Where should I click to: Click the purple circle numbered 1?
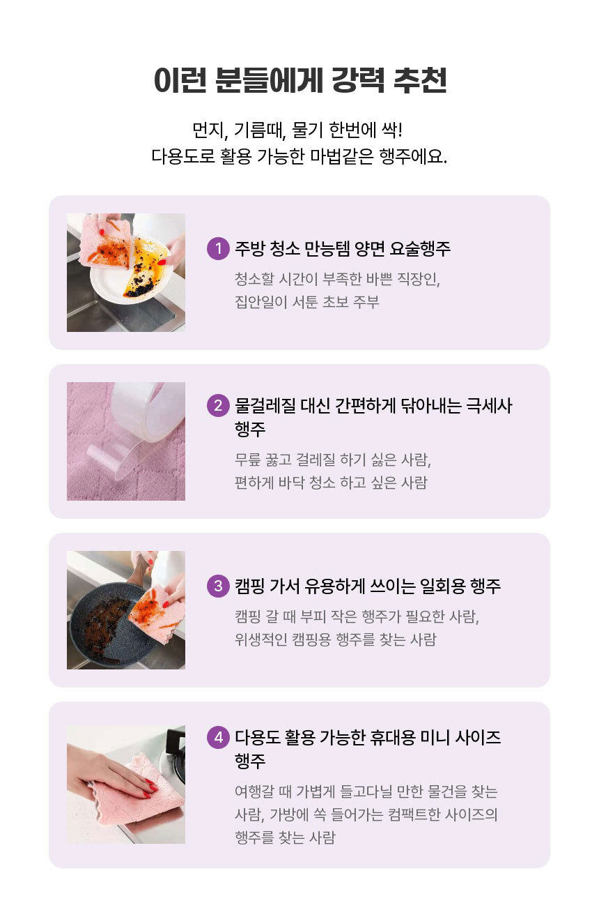pyautogui.click(x=218, y=248)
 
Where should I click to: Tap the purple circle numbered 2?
pyautogui.click(x=218, y=406)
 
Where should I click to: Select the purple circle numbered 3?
pyautogui.click(x=218, y=586)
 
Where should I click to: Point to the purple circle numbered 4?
pyautogui.click(x=218, y=737)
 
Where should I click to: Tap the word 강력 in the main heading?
pyautogui.click(x=358, y=79)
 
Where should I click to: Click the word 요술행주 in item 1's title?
pyautogui.click(x=419, y=248)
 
